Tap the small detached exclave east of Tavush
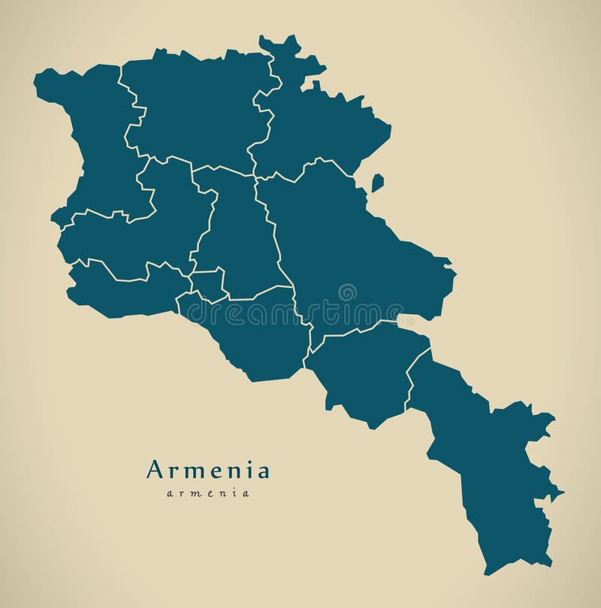pos(377,183)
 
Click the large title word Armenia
pos(208,470)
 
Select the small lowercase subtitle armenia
pos(208,493)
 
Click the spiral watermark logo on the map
pos(347,292)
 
